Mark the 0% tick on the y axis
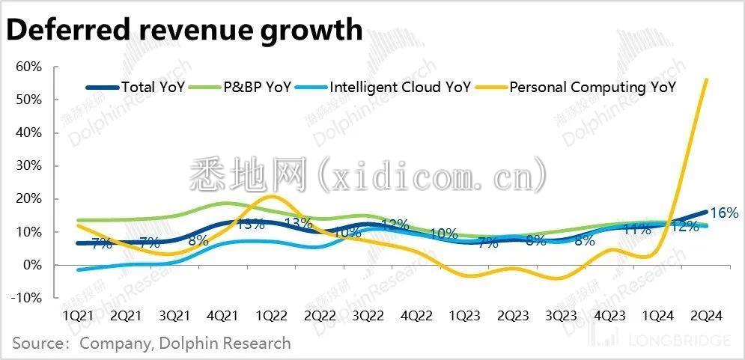pyautogui.click(x=31, y=265)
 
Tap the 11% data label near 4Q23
pyautogui.click(x=637, y=229)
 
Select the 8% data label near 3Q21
pyautogui.click(x=198, y=240)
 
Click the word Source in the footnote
pyautogui.click(x=37, y=344)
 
